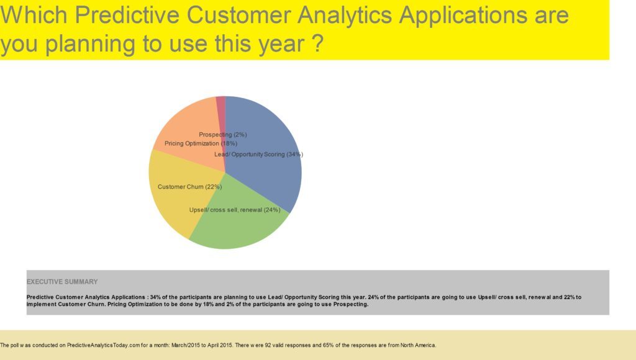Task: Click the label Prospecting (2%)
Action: click(223, 135)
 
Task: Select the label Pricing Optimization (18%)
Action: click(200, 143)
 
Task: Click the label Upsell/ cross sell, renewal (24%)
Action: click(235, 210)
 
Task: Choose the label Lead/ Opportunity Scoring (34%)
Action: click(258, 154)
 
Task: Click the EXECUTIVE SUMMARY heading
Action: click(62, 282)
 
